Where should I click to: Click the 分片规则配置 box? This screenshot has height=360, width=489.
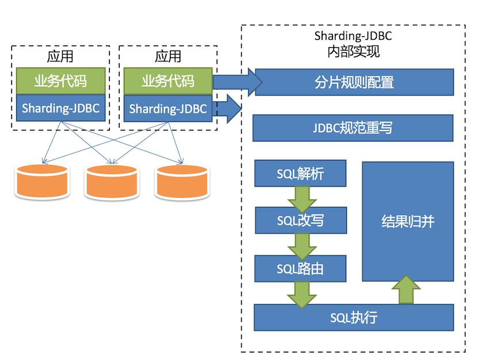click(354, 82)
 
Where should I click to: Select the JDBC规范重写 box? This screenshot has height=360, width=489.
click(353, 128)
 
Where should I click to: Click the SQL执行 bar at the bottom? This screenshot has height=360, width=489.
click(354, 317)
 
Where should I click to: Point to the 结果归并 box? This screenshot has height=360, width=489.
click(407, 221)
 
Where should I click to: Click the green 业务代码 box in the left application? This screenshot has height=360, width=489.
click(60, 81)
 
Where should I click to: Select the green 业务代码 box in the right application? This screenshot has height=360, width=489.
click(168, 81)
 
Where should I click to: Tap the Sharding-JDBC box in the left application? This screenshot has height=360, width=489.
click(60, 109)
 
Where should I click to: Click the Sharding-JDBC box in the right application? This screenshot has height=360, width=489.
click(168, 109)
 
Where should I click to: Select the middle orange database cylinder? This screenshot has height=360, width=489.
click(112, 182)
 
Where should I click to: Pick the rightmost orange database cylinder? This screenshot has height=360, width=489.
click(181, 182)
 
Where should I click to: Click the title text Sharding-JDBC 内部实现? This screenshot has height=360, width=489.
click(353, 44)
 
